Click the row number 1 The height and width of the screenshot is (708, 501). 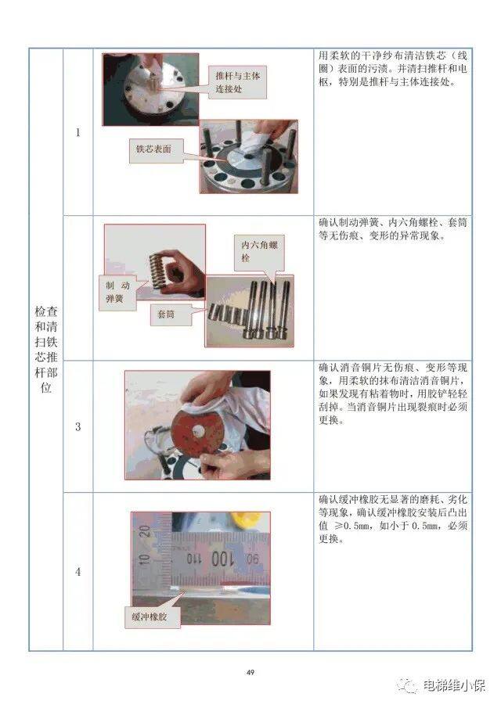77,132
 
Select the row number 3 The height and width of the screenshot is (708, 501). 77,427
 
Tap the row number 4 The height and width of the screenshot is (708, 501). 77,572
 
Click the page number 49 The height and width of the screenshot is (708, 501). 250,672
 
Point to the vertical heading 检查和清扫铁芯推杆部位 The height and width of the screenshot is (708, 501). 45,349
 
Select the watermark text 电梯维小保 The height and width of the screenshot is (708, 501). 454,686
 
